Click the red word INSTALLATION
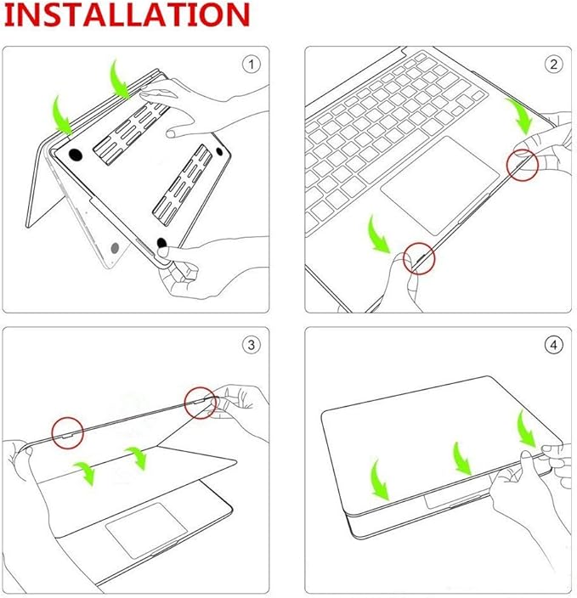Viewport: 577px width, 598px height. (x=127, y=14)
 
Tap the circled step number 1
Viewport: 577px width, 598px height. (x=251, y=64)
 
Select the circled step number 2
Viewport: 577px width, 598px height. (x=553, y=64)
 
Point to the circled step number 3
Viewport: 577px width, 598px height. (x=251, y=345)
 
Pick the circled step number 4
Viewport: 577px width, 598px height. (x=553, y=345)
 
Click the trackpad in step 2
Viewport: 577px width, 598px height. (x=440, y=185)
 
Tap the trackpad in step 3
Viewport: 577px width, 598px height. (x=146, y=529)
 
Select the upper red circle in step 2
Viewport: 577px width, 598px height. (x=523, y=165)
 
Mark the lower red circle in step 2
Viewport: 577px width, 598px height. (x=419, y=258)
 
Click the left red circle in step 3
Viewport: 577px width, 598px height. (x=67, y=433)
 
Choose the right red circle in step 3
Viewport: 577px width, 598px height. (x=201, y=403)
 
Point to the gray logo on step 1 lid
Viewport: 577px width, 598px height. (x=115, y=248)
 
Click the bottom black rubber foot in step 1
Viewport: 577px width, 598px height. (x=161, y=243)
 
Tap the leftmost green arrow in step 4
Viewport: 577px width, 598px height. (x=378, y=482)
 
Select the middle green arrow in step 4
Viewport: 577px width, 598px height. (x=461, y=460)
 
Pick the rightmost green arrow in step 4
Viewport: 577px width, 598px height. (x=526, y=428)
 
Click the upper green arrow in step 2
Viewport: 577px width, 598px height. (x=520, y=116)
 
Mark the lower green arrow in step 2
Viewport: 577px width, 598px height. (x=378, y=234)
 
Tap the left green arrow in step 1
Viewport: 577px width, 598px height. (x=62, y=116)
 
